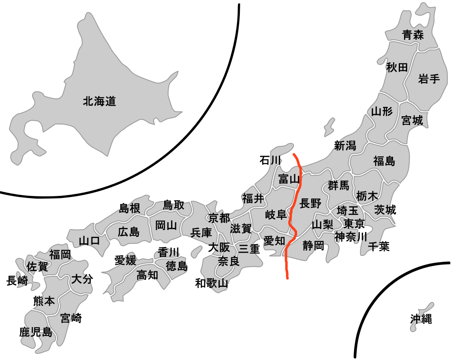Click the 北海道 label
point(99,101)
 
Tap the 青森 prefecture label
point(413,35)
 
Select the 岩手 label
point(429,79)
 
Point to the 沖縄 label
point(421,319)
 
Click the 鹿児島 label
point(36,332)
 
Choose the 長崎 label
point(17,280)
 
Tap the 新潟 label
point(345,145)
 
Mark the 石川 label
point(270,160)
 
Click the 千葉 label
point(378,246)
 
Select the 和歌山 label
point(211,283)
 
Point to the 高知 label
point(147,275)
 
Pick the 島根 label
point(130,208)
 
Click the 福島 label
point(384,161)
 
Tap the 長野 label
point(310,203)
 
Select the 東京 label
point(354,223)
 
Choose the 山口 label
point(89,241)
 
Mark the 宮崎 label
point(71,318)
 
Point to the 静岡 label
point(313,245)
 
